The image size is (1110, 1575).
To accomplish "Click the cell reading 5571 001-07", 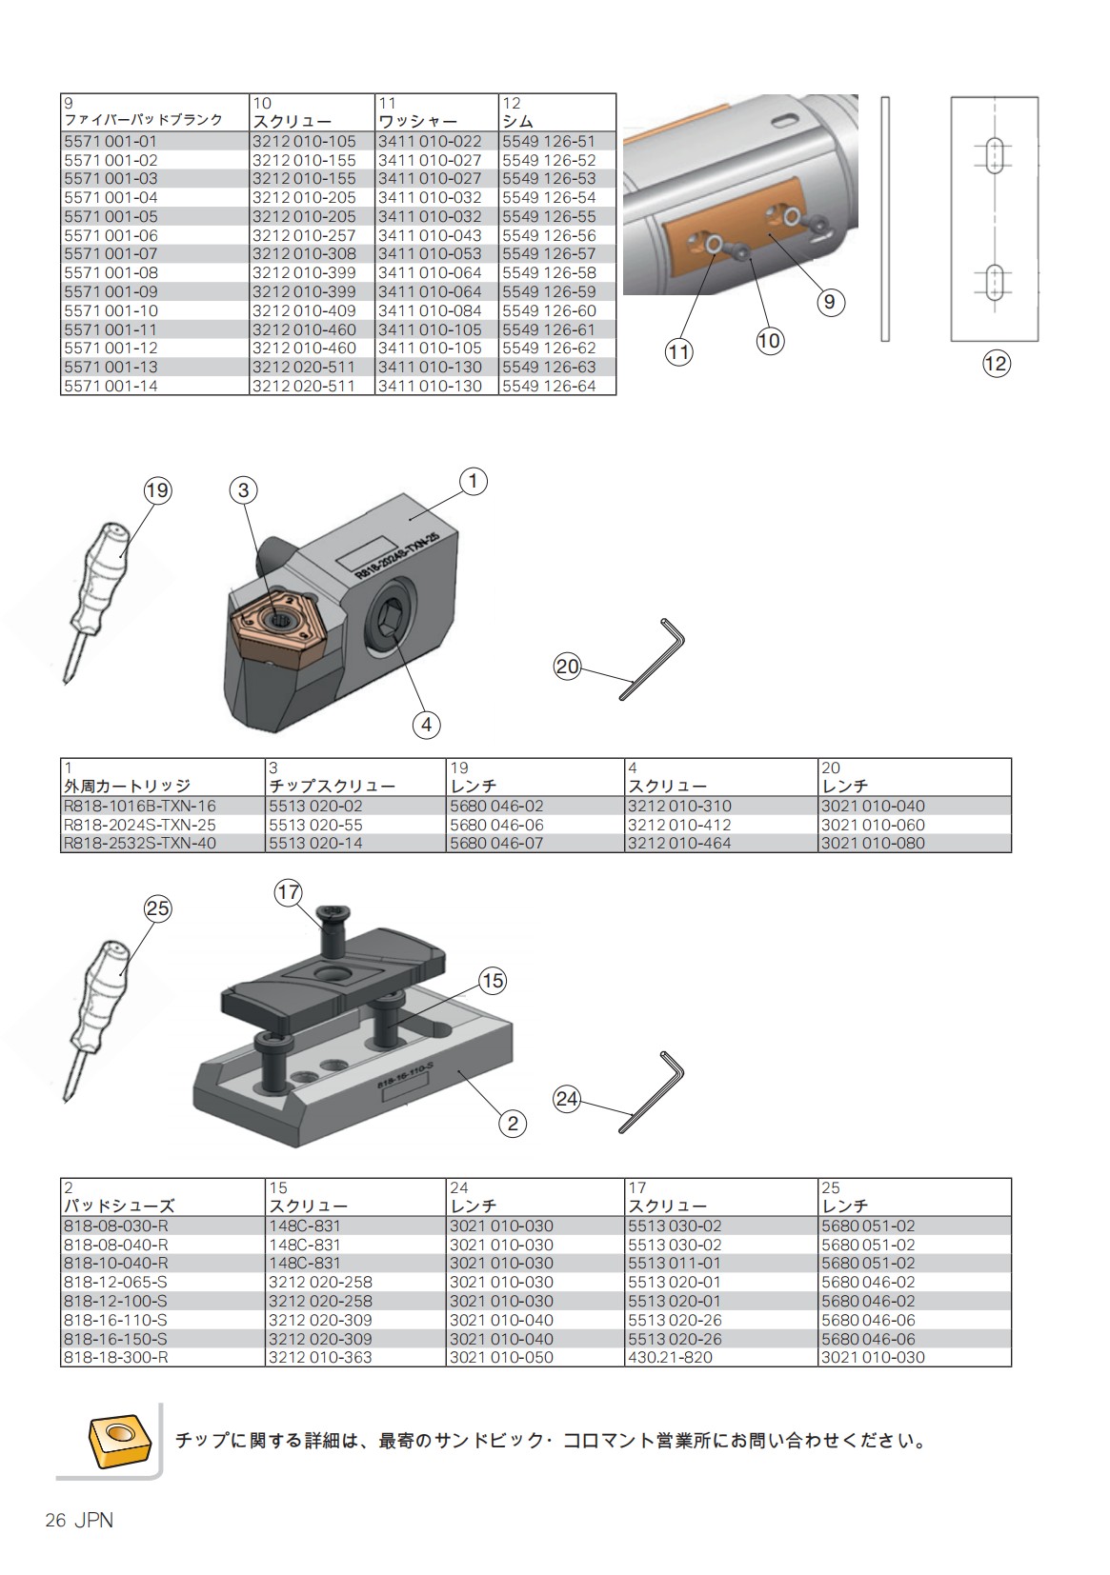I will [111, 254].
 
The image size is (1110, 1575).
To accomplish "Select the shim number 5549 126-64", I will [548, 386].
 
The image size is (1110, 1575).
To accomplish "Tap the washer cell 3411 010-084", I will [429, 310].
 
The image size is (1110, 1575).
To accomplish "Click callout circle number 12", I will [995, 364].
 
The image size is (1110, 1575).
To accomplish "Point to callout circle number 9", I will [830, 302].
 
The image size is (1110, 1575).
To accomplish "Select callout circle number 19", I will [157, 490].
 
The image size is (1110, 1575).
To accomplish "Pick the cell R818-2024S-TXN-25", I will [139, 825].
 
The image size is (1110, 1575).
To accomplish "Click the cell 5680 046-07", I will [495, 843].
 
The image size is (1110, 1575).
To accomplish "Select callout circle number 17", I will [288, 893].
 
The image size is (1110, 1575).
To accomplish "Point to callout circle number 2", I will [513, 1124].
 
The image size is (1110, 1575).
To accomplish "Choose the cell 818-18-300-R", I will [115, 1357].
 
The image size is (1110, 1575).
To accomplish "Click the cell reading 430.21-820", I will [670, 1357].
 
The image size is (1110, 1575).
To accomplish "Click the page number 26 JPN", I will [79, 1521].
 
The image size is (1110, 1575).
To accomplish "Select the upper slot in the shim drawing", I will [994, 154].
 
